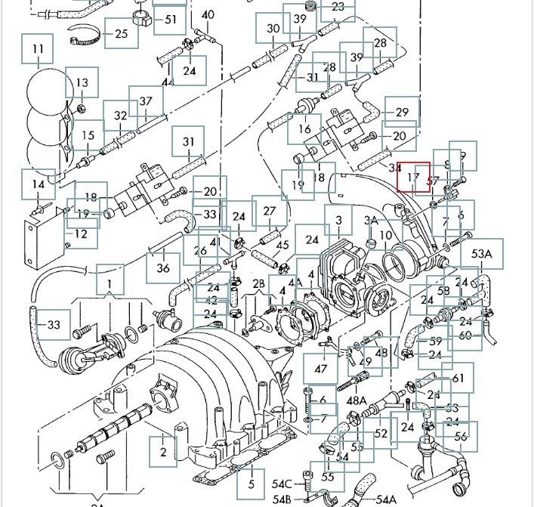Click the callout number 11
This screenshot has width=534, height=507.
coord(38,51)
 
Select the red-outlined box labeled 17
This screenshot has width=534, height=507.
coord(413,178)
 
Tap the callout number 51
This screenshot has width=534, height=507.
coord(169,20)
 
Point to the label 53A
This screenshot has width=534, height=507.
coord(482,254)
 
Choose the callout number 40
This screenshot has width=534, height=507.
coord(208,15)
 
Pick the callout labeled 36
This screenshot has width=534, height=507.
coord(163,267)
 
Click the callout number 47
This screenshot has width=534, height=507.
coord(321,369)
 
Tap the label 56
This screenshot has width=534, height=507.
coord(461,436)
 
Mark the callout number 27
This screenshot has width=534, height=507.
coord(270,212)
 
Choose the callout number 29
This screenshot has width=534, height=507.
coord(402,113)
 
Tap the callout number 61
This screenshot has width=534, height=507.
coord(458,378)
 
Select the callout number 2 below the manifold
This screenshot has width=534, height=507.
coord(162,453)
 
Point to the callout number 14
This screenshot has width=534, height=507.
coord(38,184)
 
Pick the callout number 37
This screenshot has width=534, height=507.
coord(146,101)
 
